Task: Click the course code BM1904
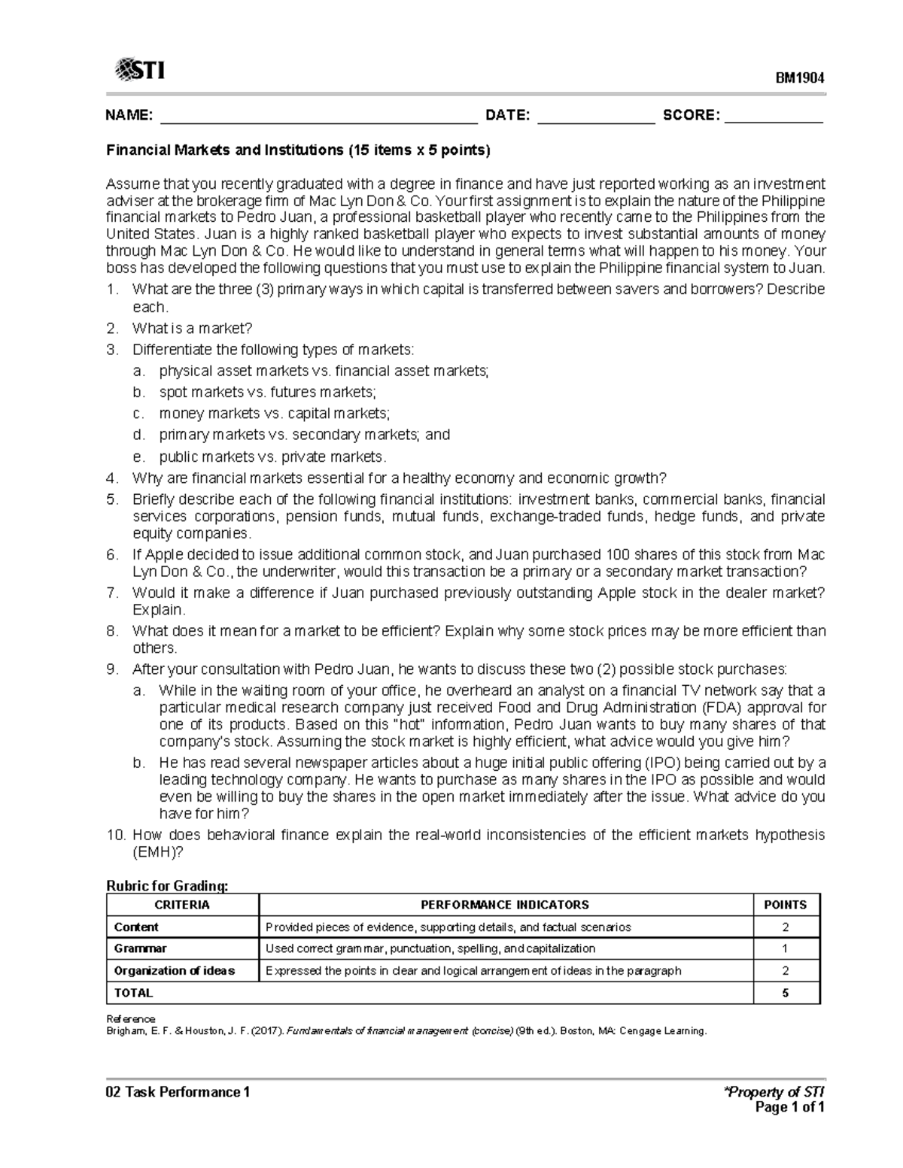[801, 77]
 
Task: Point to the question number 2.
[111, 329]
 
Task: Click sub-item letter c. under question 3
[138, 413]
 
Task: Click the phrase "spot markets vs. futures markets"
[267, 392]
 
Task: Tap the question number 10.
[116, 835]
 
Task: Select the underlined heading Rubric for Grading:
[166, 886]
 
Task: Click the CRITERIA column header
[182, 905]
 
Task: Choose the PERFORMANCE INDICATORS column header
[505, 905]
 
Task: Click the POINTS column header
[785, 905]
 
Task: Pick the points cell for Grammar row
[785, 948]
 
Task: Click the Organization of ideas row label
[174, 970]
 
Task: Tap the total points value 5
[785, 993]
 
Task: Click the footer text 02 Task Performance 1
[178, 1092]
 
